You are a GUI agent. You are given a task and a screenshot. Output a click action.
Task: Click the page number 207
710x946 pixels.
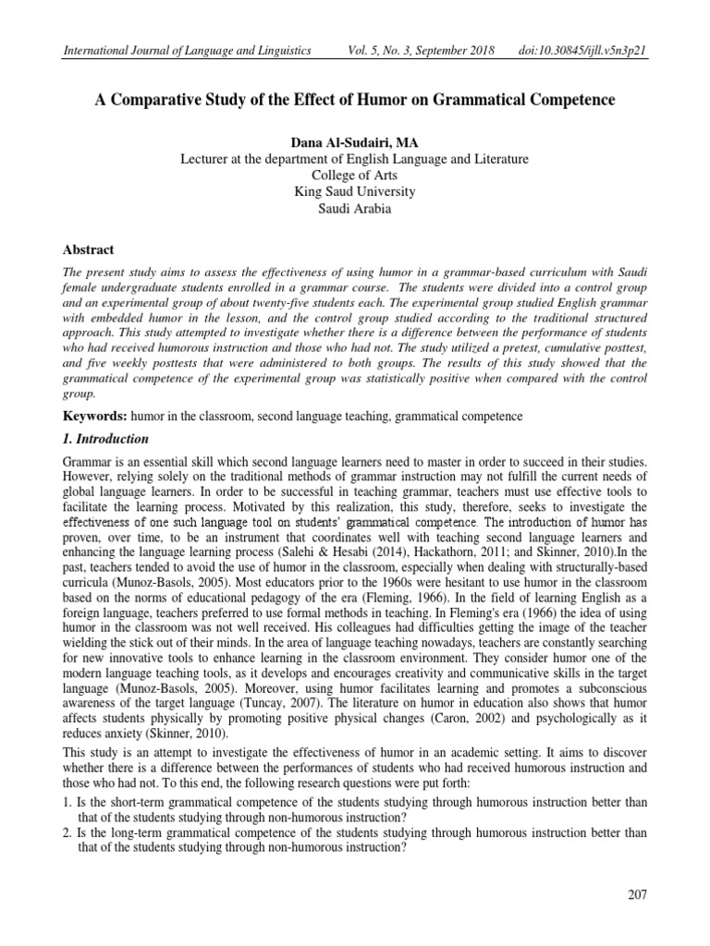(x=637, y=893)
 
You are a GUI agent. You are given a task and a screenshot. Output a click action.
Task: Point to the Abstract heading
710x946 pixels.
(x=88, y=249)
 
